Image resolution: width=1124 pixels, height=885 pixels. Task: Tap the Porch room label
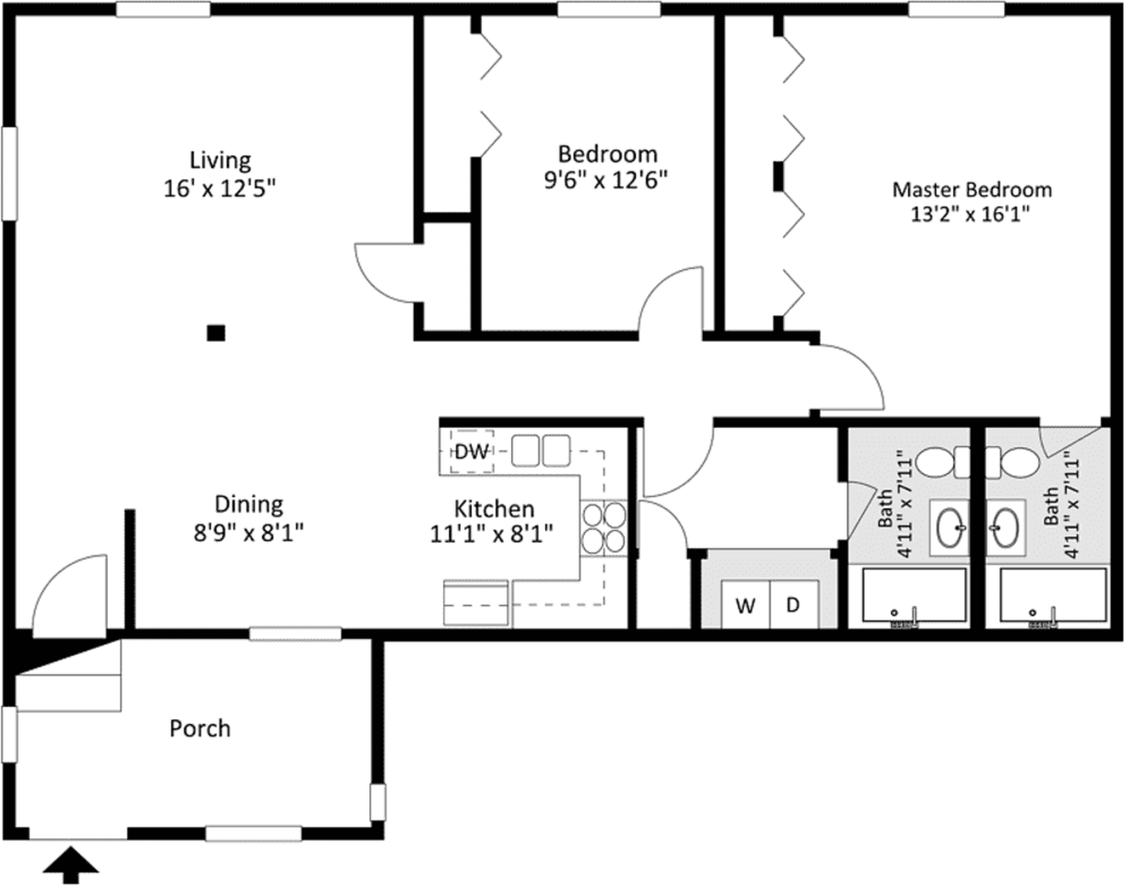200,728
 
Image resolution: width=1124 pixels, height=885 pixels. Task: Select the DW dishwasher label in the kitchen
472,452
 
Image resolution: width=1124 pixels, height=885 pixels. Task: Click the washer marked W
745,604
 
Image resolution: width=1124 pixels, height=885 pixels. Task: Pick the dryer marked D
794,604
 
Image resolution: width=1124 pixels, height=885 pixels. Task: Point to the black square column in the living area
216,333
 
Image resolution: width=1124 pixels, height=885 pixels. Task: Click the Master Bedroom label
971,190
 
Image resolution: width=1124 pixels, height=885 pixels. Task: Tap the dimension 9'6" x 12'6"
606,181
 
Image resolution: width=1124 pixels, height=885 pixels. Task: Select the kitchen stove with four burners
603,528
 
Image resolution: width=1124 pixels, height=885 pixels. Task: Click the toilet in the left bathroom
943,463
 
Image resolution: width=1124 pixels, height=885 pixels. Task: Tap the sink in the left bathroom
949,528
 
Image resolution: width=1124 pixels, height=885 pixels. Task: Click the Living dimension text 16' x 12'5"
219,188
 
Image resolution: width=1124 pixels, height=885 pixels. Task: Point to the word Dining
249,505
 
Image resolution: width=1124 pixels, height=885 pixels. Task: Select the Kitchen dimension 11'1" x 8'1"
491,535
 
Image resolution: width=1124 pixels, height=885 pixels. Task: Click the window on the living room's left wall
9,173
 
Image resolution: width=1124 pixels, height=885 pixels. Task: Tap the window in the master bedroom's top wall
955,9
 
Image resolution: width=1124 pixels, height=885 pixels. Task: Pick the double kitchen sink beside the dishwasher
541,451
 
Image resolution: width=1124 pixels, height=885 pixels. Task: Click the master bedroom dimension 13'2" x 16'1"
970,215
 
